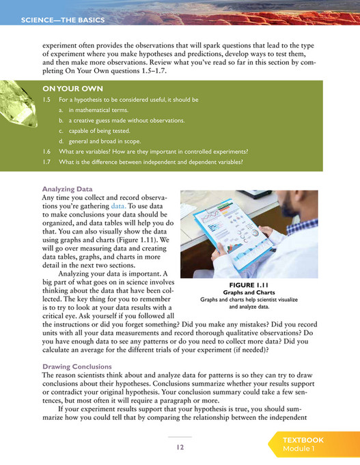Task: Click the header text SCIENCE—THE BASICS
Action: click(62, 20)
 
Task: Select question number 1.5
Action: click(48, 100)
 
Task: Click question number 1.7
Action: click(48, 162)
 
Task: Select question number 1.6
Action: click(48, 152)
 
